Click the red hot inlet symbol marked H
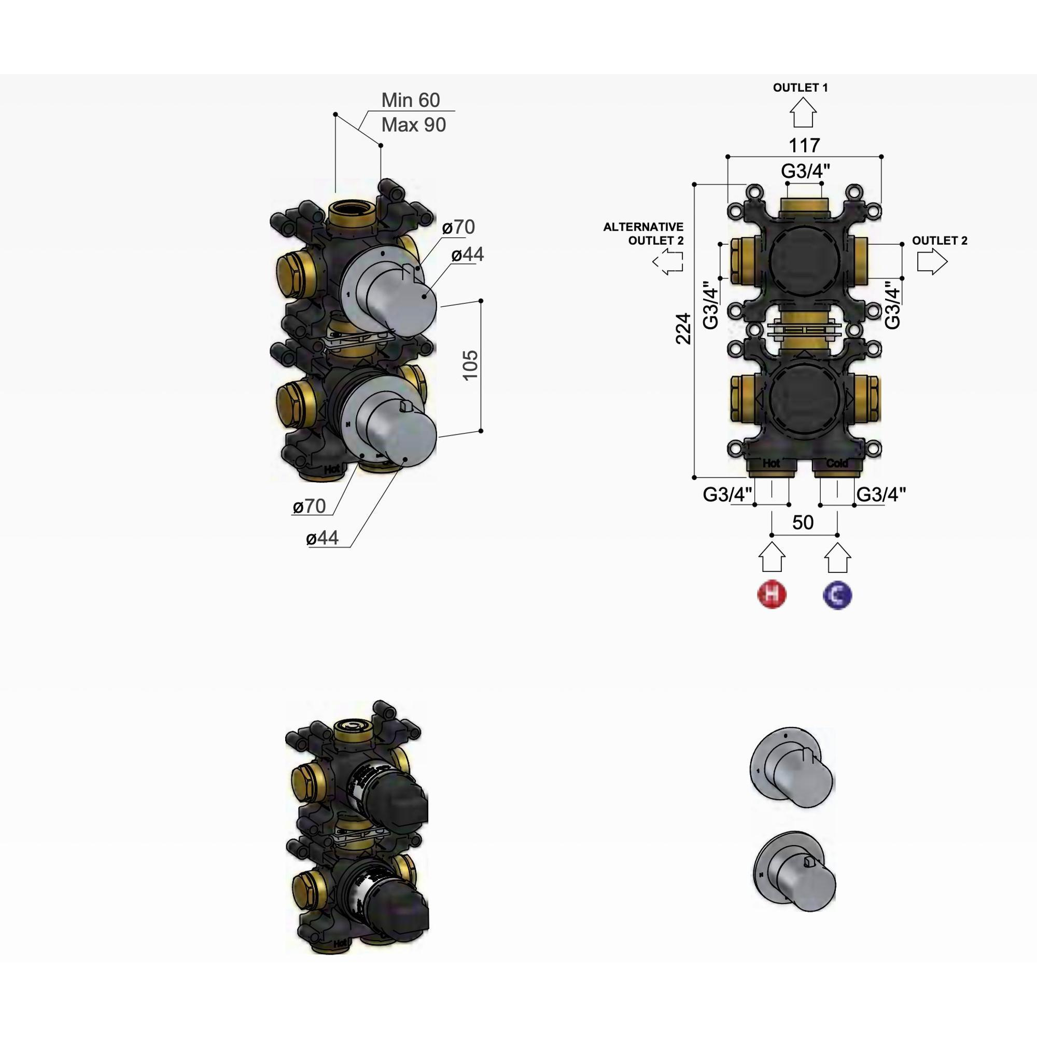[772, 595]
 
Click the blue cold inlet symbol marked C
[837, 595]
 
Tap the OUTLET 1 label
[800, 88]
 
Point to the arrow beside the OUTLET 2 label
[932, 262]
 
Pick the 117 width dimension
[804, 145]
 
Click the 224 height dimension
[683, 329]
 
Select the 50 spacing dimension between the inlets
[803, 522]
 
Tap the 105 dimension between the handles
[470, 365]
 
